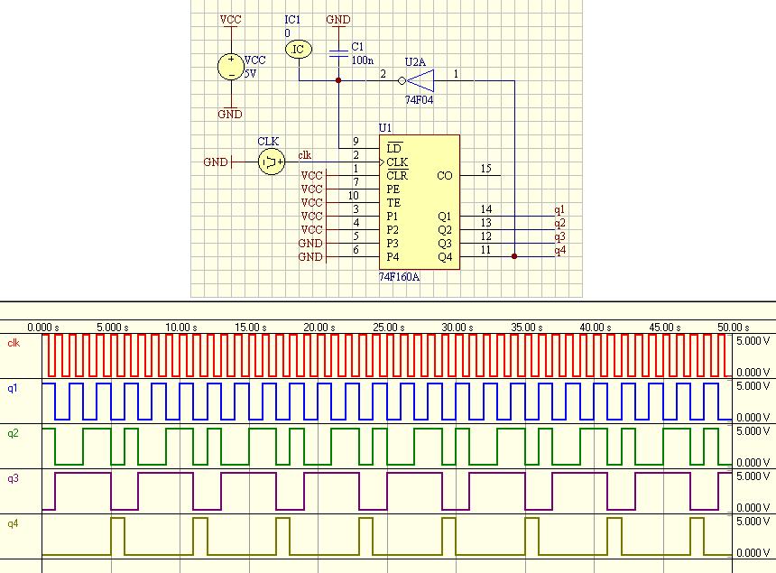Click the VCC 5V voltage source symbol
point(231,67)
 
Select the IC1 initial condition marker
point(299,49)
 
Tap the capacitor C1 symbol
point(338,53)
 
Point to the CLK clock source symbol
point(272,162)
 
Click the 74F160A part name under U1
point(399,277)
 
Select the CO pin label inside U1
point(445,176)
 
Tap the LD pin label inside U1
point(394,148)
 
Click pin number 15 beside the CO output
point(485,169)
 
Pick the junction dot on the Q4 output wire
point(514,256)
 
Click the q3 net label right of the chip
point(559,236)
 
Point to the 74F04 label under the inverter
point(420,99)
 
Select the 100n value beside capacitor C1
point(362,60)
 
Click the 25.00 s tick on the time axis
point(389,328)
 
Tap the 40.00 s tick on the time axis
point(596,328)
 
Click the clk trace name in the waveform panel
point(14,342)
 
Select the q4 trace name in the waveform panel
point(13,523)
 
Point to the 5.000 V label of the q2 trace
point(753,431)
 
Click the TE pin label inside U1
point(393,203)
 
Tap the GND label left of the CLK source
point(216,162)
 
